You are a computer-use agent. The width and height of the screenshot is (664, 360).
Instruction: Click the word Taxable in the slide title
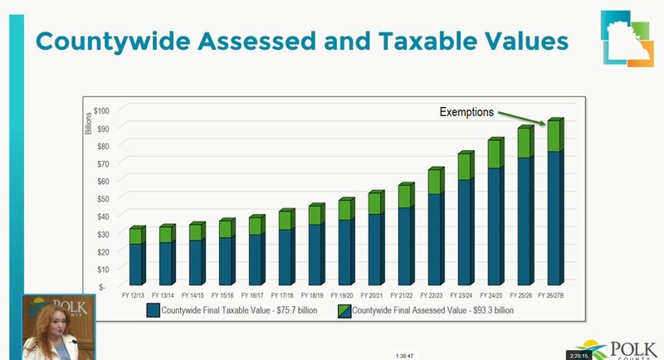coord(428,41)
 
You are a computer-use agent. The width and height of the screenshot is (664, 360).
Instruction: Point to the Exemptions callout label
coord(466,112)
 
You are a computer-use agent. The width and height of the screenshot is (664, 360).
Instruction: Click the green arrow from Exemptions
coord(522,118)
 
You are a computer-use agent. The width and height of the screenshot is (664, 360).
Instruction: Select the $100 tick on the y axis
coord(101,111)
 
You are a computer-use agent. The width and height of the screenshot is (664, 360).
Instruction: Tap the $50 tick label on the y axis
coord(103,199)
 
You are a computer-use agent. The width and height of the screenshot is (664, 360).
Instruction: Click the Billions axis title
coord(89,123)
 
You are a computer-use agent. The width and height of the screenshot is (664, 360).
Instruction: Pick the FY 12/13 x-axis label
coord(133,295)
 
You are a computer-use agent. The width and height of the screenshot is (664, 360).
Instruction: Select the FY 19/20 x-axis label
coord(342,295)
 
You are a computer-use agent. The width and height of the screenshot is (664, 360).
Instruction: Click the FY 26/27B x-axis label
coord(551,295)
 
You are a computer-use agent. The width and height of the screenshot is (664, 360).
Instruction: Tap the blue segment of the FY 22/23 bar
coord(436,239)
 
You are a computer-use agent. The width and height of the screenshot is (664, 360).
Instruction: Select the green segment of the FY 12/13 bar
coord(137,236)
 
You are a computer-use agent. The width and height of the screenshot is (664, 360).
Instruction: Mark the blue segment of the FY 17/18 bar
coord(286,257)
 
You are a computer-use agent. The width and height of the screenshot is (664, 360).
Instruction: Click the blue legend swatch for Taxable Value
coord(154,310)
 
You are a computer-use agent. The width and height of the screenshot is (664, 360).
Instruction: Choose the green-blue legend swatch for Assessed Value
coord(344,311)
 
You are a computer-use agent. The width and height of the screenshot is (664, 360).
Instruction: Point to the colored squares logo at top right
coord(627,38)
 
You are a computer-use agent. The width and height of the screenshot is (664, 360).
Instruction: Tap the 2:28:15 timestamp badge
coord(579,356)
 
